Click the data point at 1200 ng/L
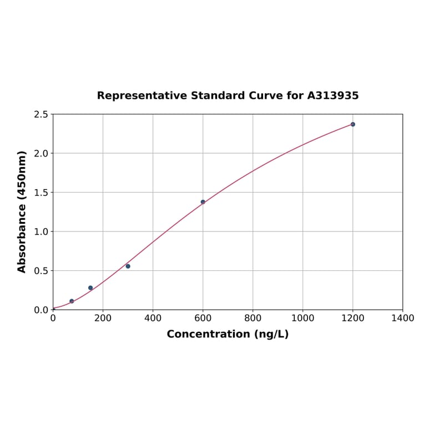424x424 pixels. point(353,124)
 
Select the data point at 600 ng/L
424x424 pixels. point(203,202)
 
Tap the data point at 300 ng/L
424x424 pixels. point(128,266)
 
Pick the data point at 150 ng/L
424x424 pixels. point(90,288)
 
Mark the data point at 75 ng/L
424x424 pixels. point(72,301)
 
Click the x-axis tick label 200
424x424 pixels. point(103,318)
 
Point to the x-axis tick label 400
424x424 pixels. point(153,318)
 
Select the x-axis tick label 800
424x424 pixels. point(253,318)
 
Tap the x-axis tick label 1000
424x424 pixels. point(302,318)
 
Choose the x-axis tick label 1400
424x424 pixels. point(402,318)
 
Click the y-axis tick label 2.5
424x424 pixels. point(41,114)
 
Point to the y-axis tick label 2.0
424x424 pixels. point(41,153)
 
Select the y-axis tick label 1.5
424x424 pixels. point(41,193)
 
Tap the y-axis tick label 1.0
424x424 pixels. point(41,231)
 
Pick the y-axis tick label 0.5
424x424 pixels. point(41,271)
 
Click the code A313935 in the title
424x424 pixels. point(333,96)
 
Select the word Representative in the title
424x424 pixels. point(142,96)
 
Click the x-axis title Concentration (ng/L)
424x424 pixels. point(228,334)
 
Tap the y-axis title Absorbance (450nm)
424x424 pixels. point(22,211)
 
